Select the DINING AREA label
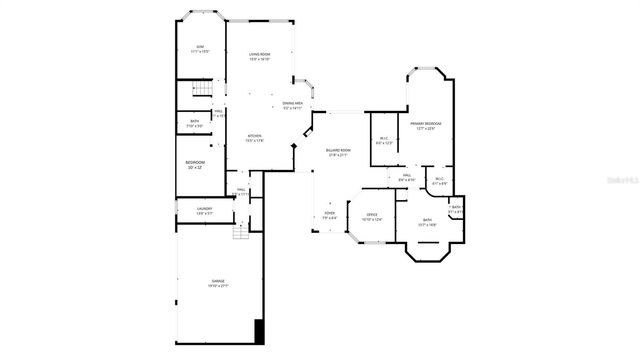(x=293, y=104)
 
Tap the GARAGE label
(x=218, y=283)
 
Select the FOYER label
(x=329, y=213)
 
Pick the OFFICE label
(x=371, y=216)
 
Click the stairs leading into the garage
(x=240, y=232)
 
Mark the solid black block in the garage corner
(x=260, y=330)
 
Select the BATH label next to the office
(x=427, y=221)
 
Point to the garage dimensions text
(x=218, y=287)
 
